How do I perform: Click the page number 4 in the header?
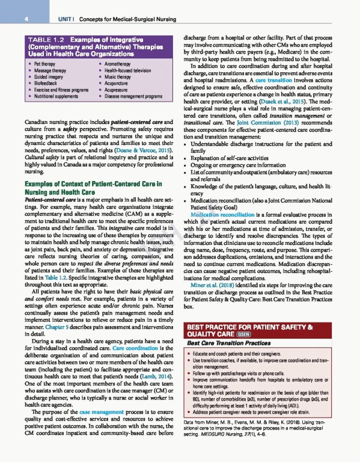point(27,19)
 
